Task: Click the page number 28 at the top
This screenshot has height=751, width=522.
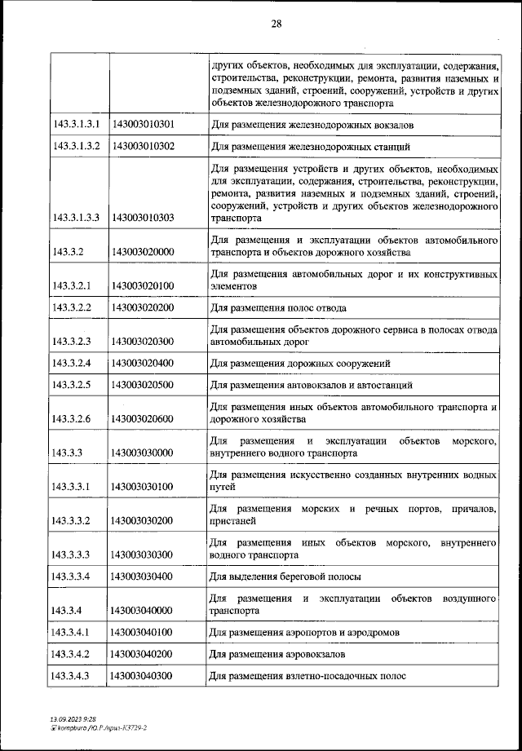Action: point(276,24)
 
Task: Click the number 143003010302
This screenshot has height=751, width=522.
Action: point(143,147)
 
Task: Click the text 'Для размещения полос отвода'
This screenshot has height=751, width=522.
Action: point(278,307)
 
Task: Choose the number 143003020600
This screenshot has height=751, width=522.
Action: point(143,418)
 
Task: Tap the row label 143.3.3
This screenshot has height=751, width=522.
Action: point(68,452)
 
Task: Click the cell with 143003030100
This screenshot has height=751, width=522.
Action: point(143,486)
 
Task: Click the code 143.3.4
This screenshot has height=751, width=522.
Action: point(68,609)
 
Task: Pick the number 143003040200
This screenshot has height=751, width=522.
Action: point(143,653)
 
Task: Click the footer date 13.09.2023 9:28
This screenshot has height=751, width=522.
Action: point(72,717)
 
